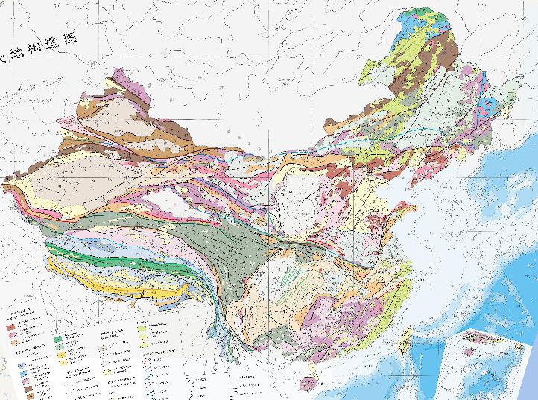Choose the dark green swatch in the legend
coord(58,340)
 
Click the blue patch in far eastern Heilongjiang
coord(488,104)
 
